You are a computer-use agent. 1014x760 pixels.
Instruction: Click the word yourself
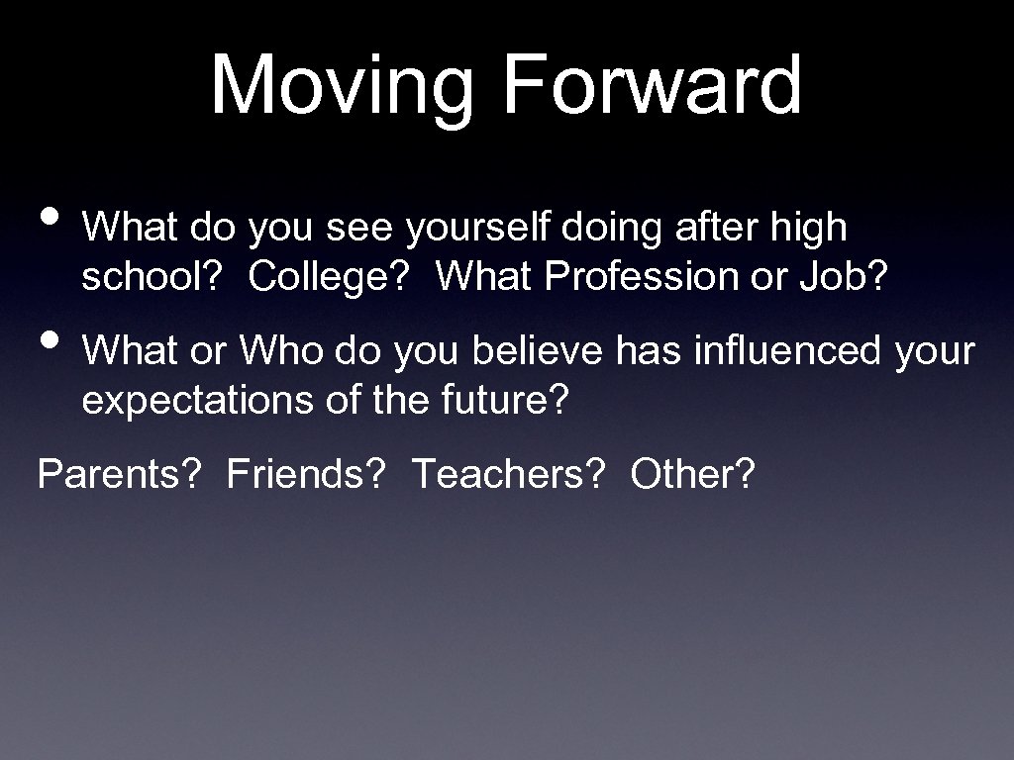click(x=478, y=229)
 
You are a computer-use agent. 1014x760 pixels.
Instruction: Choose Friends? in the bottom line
click(x=306, y=474)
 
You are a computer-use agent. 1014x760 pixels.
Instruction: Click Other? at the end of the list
click(x=692, y=474)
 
